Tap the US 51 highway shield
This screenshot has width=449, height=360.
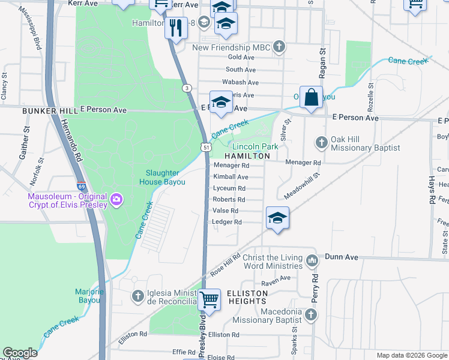click(206, 147)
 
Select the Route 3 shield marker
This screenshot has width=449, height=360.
click(187, 88)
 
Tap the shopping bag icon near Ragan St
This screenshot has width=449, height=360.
click(312, 97)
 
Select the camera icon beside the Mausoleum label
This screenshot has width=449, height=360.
click(116, 199)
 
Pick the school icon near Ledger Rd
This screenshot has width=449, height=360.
click(277, 218)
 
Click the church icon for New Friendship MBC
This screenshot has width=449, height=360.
click(279, 47)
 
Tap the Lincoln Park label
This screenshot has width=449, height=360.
click(255, 146)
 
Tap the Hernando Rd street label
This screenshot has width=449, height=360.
click(70, 139)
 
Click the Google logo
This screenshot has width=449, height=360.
click(20, 353)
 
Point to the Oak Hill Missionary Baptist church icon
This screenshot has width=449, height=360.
click(321, 142)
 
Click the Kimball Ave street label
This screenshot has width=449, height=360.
click(231, 177)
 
